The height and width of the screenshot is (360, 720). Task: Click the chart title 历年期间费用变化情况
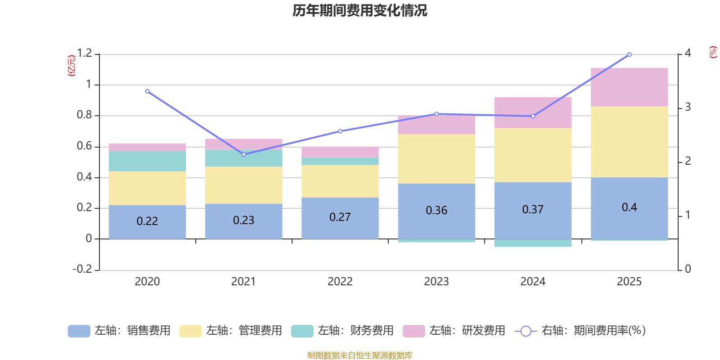(x=360, y=10)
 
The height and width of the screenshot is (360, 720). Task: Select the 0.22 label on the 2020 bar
(x=147, y=221)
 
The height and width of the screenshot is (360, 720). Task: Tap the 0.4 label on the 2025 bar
(x=629, y=207)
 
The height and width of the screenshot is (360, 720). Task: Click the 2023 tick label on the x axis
(x=436, y=282)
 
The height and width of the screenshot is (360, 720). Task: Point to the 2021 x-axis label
(x=243, y=282)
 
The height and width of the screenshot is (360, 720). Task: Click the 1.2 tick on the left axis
(x=84, y=54)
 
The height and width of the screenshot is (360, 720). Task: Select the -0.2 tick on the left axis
(x=82, y=269)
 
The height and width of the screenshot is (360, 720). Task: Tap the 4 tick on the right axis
(x=688, y=53)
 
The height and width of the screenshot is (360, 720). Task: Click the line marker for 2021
(x=244, y=154)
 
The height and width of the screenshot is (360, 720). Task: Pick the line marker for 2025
(x=629, y=54)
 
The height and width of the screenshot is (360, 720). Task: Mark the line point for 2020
(x=147, y=91)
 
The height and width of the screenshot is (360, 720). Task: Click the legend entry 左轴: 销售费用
(x=119, y=331)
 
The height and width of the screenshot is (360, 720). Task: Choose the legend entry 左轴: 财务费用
(x=342, y=331)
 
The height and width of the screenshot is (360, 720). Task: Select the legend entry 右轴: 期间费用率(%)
(x=580, y=331)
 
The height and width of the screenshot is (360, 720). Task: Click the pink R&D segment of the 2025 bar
(x=629, y=87)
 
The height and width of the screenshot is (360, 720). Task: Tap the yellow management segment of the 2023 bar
(x=436, y=158)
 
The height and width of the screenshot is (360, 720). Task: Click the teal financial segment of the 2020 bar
(x=147, y=161)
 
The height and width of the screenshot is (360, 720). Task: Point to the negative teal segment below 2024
(x=533, y=243)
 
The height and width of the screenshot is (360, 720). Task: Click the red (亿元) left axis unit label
(x=71, y=66)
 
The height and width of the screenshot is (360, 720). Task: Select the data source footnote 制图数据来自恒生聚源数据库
(x=360, y=355)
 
